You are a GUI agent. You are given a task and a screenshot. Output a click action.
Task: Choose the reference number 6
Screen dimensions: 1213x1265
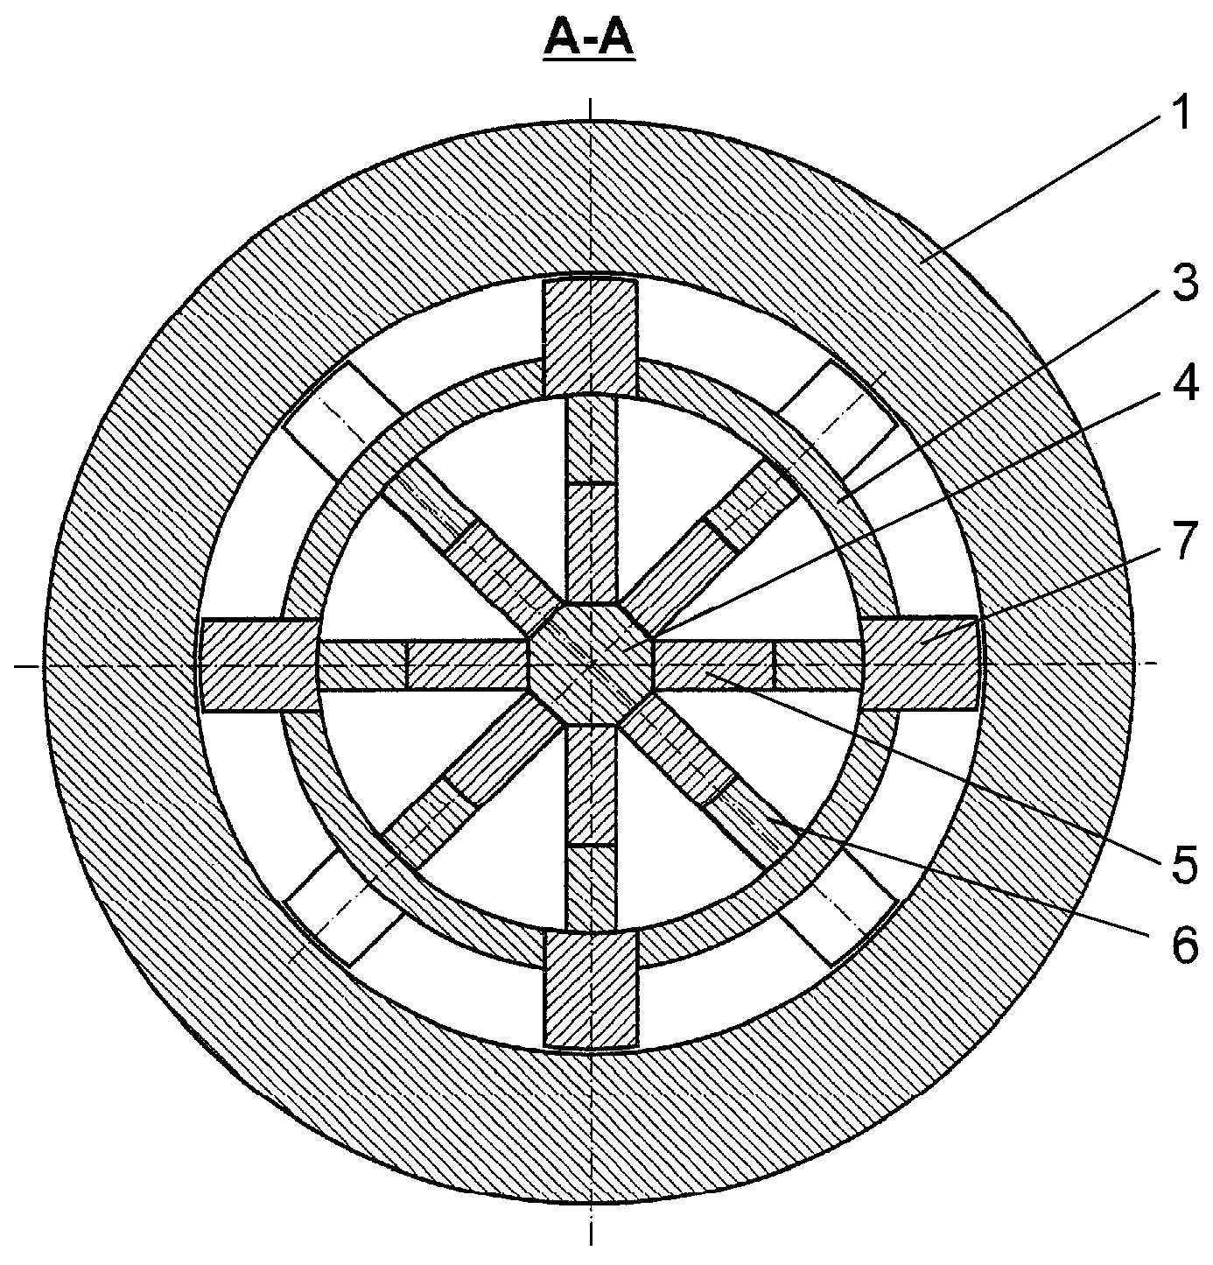(x=1183, y=963)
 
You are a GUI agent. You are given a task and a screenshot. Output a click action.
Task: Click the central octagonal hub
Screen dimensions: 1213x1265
(x=592, y=664)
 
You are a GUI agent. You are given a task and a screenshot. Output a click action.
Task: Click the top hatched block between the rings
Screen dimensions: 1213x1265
(x=591, y=337)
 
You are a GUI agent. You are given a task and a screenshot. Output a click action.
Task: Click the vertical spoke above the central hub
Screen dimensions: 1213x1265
(x=591, y=499)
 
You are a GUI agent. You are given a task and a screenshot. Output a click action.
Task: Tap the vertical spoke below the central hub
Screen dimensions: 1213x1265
(x=591, y=827)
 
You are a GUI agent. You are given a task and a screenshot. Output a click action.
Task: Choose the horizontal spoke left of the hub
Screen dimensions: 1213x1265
(x=423, y=664)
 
